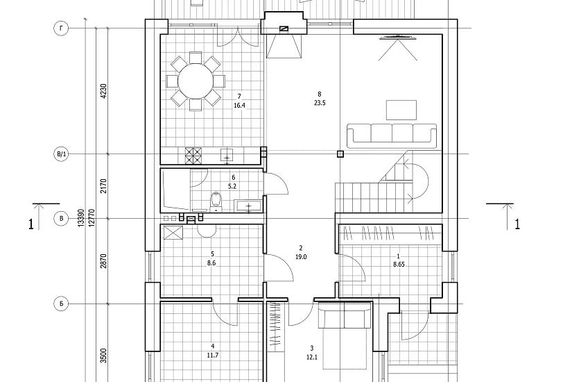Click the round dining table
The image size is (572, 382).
point(196,81)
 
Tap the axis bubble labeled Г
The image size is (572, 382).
point(61,28)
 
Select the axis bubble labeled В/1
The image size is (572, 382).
point(61,154)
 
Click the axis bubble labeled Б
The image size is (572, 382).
point(61,304)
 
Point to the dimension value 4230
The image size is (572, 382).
point(103,91)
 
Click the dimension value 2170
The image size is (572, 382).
point(103,186)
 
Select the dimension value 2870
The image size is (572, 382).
point(103,261)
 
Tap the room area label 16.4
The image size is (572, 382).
point(239,106)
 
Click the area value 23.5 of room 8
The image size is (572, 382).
point(320,103)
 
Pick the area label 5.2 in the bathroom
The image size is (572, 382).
point(232,186)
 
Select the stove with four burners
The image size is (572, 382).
point(193,156)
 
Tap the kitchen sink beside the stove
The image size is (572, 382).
point(227,156)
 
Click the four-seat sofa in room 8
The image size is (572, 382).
point(392,135)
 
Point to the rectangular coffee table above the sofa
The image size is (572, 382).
point(401,110)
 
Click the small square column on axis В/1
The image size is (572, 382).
point(340,154)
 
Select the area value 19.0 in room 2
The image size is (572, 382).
point(301,257)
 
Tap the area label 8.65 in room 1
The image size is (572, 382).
point(399,265)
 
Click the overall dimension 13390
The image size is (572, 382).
point(81,218)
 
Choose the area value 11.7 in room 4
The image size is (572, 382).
point(213,355)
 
